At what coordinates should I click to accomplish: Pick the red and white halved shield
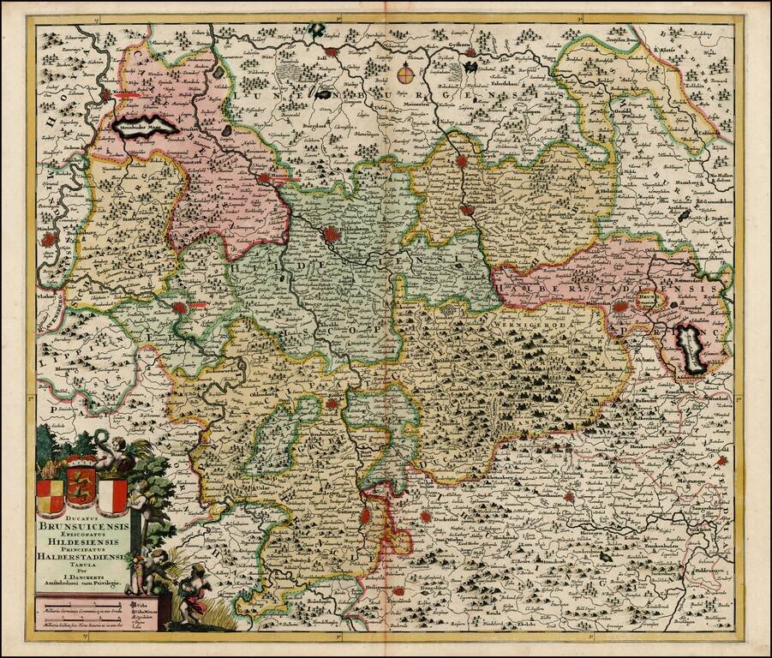112,495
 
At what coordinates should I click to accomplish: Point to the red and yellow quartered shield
50,495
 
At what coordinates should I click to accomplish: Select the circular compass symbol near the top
407,75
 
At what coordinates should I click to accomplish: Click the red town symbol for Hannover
264,179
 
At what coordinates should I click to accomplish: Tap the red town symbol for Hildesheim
330,233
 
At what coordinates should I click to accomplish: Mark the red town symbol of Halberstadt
619,306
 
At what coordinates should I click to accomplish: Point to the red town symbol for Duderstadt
427,517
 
